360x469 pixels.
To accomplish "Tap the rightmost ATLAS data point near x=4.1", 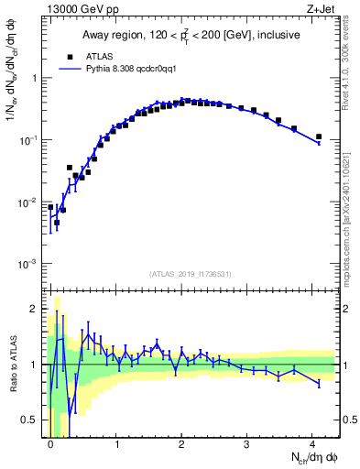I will tap(319, 136).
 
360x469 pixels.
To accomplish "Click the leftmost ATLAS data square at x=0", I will tap(50, 207).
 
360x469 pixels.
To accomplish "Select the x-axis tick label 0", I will tap(50, 443).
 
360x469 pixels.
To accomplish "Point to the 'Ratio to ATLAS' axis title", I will tap(13, 366).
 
